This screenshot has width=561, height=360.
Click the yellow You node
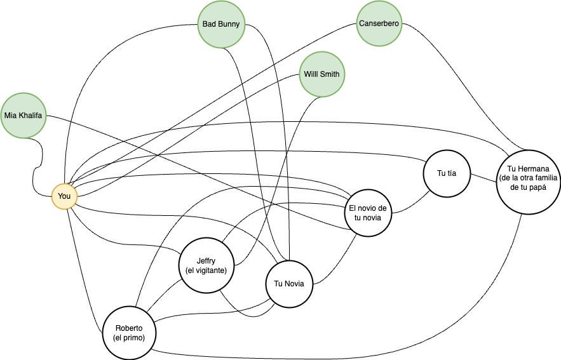tap(64, 196)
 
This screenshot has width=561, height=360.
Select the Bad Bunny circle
tap(221, 25)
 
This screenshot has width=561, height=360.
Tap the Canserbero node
tap(379, 23)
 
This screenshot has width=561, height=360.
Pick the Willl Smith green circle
tap(321, 74)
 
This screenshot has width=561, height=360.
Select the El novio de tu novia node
tap(368, 213)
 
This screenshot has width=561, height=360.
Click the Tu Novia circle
tap(289, 283)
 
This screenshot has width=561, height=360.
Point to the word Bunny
tap(229, 25)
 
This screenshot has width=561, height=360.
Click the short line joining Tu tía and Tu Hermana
tap(483, 176)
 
